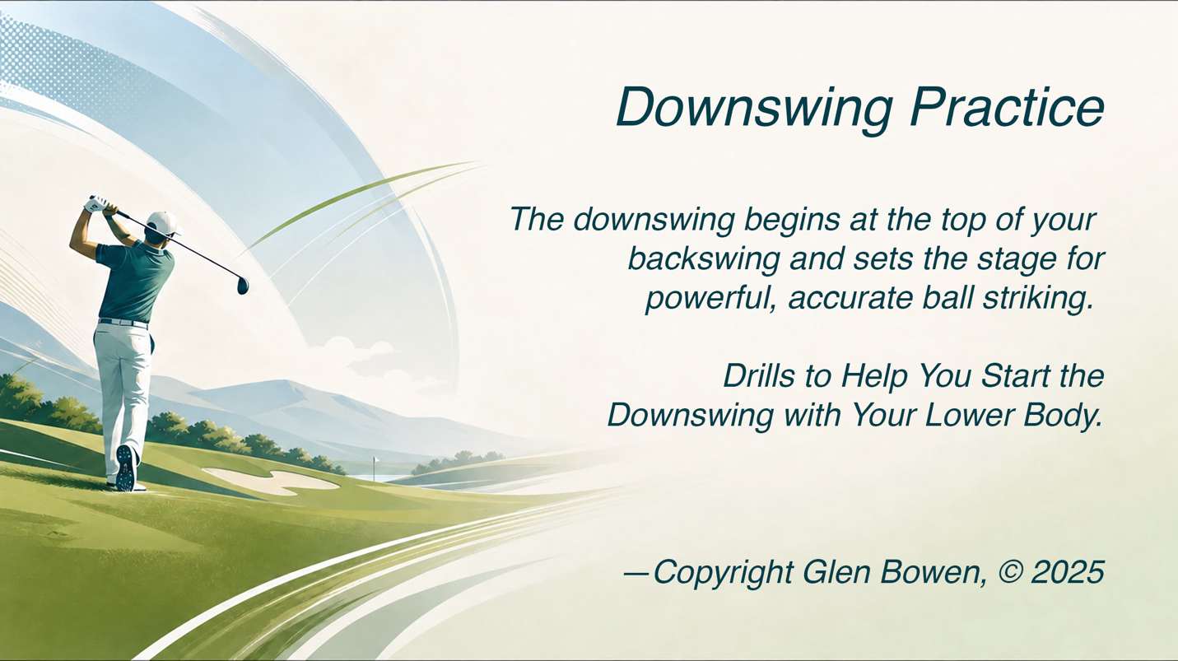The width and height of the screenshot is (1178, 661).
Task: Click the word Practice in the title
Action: [x=1008, y=107]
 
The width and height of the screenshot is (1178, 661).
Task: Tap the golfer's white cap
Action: [x=163, y=222]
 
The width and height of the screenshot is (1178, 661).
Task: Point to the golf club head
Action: [x=243, y=285]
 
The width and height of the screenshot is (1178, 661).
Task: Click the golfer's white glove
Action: [x=99, y=203]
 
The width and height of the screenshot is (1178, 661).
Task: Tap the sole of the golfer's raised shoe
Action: [x=126, y=468]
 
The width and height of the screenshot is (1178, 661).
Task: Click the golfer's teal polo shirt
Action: [x=137, y=282]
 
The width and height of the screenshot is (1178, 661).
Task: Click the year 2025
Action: [x=1068, y=572]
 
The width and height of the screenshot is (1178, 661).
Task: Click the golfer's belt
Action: [x=123, y=322]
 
